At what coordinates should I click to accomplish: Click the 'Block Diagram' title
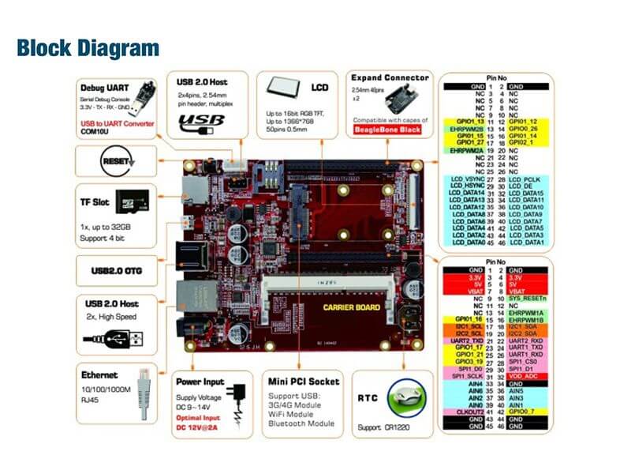click(x=88, y=48)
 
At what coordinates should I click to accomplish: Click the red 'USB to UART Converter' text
click(x=116, y=124)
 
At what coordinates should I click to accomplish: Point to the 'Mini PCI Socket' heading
click(x=304, y=382)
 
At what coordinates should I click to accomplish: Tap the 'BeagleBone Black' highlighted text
click(x=387, y=127)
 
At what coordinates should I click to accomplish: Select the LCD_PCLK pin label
click(x=528, y=179)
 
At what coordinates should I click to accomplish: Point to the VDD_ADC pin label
click(x=524, y=377)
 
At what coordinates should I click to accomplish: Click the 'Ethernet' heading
click(x=99, y=375)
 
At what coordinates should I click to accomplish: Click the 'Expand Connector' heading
click(x=390, y=77)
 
